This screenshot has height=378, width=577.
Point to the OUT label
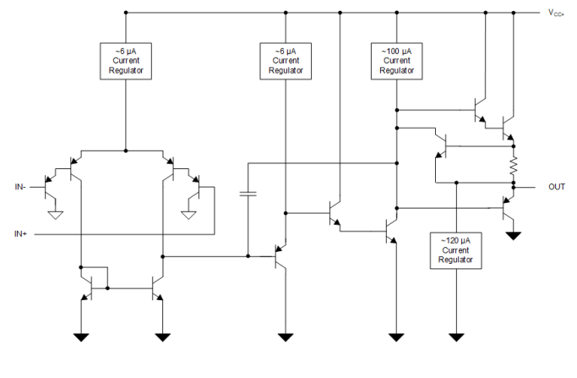pyautogui.click(x=556, y=187)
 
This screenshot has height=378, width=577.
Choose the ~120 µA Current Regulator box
pyautogui.click(x=456, y=250)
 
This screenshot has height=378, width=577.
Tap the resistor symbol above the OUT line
pyautogui.click(x=512, y=167)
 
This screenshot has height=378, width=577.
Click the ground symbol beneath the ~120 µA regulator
pyautogui.click(x=457, y=337)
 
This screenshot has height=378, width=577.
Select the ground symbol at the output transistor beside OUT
pyautogui.click(x=512, y=234)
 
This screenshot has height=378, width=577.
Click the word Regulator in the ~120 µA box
pyautogui.click(x=456, y=260)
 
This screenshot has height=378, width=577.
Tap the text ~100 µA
pyautogui.click(x=395, y=52)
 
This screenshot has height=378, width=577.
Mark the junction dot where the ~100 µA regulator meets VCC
pyautogui.click(x=395, y=13)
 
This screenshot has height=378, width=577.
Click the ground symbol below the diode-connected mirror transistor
pyautogui.click(x=82, y=337)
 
